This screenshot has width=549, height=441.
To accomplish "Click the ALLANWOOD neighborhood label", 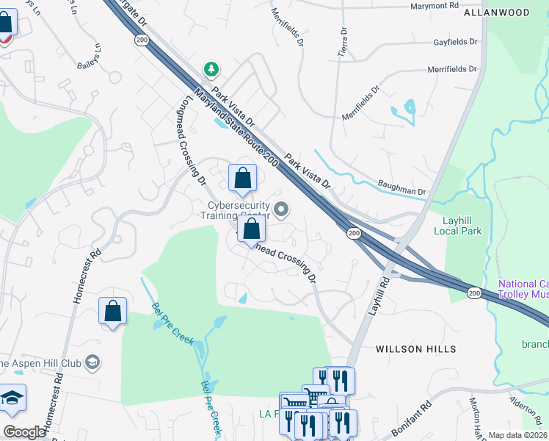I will pyautogui.click(x=496, y=12).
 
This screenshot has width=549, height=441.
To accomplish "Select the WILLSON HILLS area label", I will pyautogui.click(x=416, y=348).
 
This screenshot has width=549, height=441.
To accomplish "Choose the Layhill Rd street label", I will pyautogui.click(x=382, y=293).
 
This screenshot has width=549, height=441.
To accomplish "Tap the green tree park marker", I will pyautogui.click(x=211, y=69).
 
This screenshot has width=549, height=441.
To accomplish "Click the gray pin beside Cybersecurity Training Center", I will pyautogui.click(x=280, y=211).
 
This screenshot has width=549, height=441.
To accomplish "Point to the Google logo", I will pyautogui.click(x=24, y=432).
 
